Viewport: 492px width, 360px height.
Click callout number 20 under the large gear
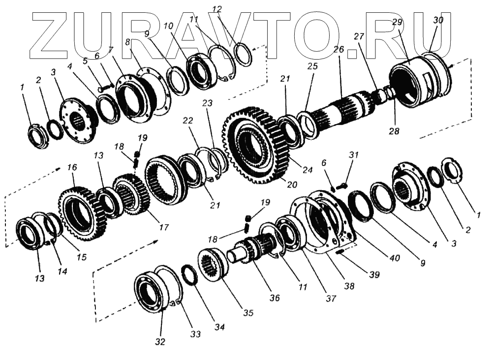pos(292,185)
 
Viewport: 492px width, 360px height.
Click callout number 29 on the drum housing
pos(397,22)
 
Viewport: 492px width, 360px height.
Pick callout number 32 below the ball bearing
pos(160,342)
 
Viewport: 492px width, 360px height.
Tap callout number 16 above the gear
pos(72,167)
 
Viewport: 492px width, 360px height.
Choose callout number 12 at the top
pos(217,9)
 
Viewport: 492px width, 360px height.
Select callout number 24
pos(307,170)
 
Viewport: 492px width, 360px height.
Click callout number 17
pos(164,228)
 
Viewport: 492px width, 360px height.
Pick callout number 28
pos(394,131)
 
